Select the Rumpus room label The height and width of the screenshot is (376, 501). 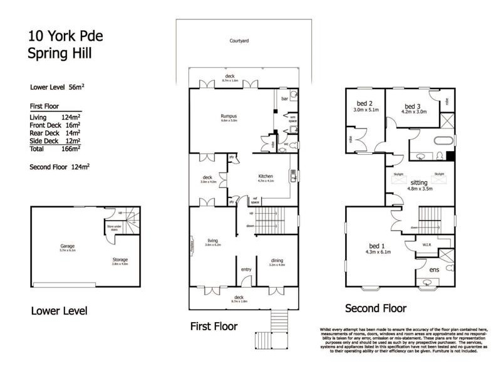point(229,115)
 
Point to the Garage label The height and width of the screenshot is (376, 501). point(67,246)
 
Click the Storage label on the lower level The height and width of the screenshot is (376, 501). point(120,259)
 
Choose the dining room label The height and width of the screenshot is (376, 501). point(277,261)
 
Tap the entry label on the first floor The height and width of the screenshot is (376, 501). point(246,270)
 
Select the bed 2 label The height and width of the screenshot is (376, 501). point(366,104)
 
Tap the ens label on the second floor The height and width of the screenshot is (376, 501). point(433,270)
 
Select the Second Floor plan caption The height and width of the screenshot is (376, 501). point(376,308)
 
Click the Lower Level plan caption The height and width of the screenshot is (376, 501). point(59,311)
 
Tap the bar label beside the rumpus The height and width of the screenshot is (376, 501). point(284,98)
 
